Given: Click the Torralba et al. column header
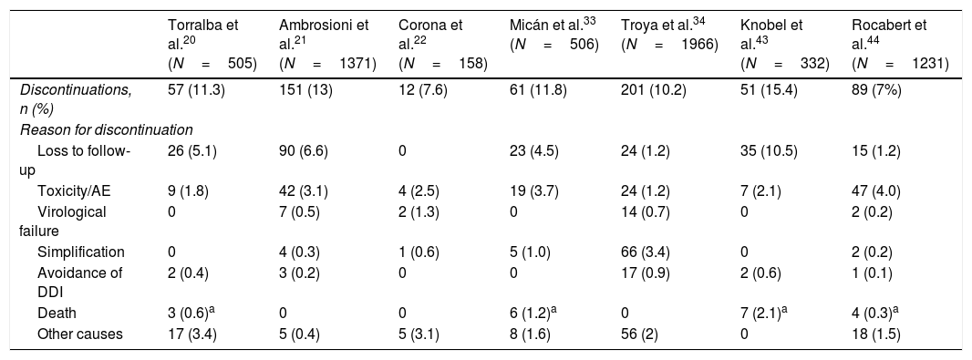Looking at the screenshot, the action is click(212, 44).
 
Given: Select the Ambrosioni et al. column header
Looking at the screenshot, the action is click(328, 44).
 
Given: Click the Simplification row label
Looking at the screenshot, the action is click(80, 252).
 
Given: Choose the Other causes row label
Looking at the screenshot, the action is click(80, 334).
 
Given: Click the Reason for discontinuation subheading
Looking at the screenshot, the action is click(107, 129).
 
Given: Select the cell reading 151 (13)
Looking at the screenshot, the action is click(305, 90).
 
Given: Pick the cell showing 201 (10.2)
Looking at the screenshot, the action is click(654, 90).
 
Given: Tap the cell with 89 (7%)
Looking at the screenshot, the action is click(876, 90).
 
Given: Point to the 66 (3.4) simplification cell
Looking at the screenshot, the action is click(646, 252).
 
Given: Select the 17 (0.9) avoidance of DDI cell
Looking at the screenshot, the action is click(646, 272).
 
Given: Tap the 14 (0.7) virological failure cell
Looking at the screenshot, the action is click(646, 211).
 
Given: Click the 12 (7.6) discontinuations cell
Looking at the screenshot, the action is click(423, 90).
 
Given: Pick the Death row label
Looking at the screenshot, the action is click(57, 313).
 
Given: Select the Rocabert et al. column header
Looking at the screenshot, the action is click(900, 44).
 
